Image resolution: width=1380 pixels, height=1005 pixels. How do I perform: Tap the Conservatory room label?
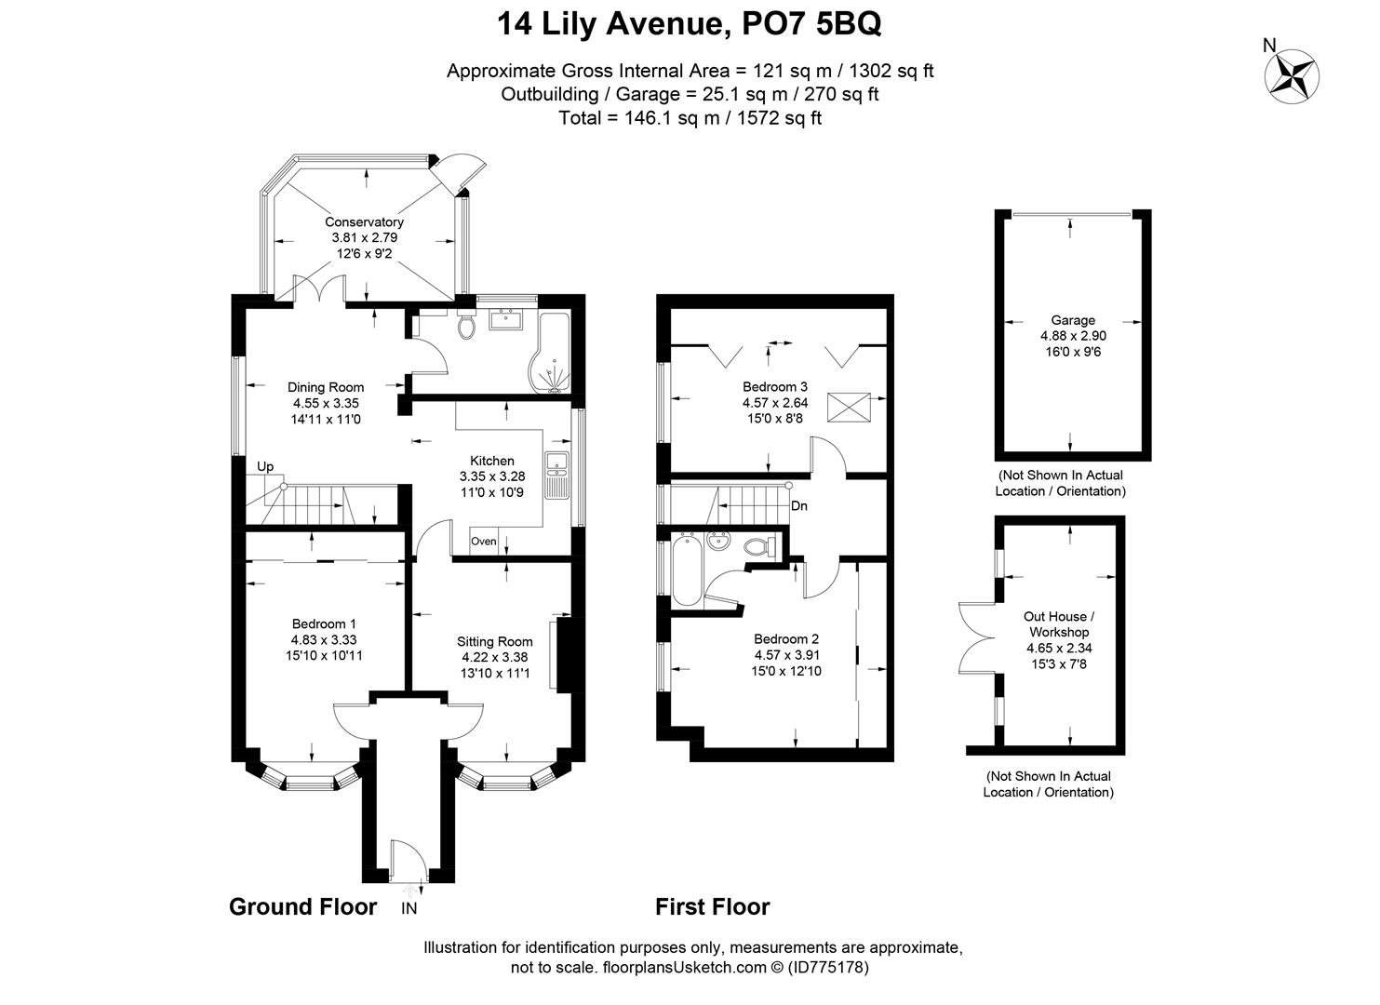(364, 221)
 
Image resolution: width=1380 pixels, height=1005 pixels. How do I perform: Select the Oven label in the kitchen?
(484, 541)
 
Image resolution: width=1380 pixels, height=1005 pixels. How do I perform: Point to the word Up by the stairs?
(265, 466)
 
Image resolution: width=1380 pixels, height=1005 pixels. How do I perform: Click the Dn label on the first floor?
(799, 506)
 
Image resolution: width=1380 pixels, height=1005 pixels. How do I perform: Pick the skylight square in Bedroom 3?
(849, 408)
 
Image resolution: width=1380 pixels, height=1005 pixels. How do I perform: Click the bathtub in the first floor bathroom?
(687, 571)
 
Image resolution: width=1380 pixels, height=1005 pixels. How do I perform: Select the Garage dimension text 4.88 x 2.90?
(1073, 336)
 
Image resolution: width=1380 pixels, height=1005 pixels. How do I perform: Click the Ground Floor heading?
(302, 906)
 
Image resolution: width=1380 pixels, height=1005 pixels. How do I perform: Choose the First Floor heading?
(712, 906)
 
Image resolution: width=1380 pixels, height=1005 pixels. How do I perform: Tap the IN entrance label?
(409, 908)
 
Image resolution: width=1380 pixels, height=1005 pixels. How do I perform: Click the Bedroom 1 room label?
(324, 623)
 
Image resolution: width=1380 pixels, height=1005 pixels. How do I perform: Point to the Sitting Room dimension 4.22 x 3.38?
(495, 657)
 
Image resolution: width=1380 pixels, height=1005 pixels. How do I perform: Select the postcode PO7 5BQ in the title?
(811, 24)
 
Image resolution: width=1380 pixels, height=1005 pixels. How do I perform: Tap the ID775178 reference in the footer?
(828, 967)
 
